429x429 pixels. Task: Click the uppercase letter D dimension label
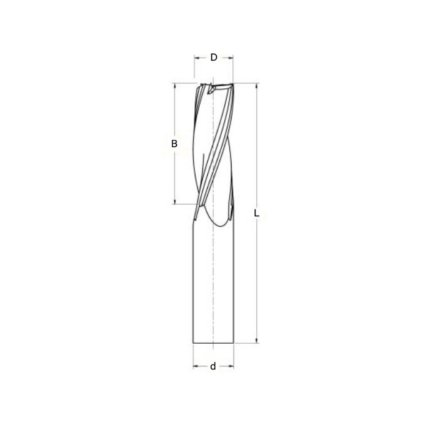[x=214, y=58]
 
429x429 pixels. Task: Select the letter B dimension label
[x=174, y=144]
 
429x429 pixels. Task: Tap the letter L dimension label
[x=257, y=214]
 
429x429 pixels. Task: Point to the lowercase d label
[x=213, y=366]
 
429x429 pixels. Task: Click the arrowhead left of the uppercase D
[x=197, y=58]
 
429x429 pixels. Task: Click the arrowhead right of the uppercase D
[x=231, y=58]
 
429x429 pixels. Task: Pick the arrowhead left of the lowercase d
[x=196, y=366]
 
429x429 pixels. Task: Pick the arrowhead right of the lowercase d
[x=232, y=366]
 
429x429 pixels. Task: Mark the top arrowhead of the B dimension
[x=175, y=86]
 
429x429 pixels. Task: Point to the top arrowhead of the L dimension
[x=256, y=86]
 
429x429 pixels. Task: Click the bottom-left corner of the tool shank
[x=193, y=343]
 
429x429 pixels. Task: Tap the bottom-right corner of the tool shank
[x=234, y=343]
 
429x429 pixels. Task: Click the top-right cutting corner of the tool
[x=233, y=83]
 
